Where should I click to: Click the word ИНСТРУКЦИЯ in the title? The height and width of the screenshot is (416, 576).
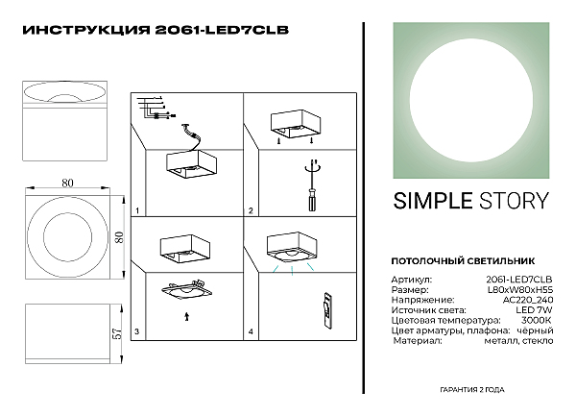click(x=86, y=30)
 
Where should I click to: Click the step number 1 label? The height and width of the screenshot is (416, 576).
click(x=137, y=211)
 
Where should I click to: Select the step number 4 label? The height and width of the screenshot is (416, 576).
click(x=251, y=331)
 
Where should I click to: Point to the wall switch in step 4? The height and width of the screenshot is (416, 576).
click(x=328, y=310)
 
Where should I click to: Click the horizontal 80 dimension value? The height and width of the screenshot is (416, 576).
click(x=67, y=183)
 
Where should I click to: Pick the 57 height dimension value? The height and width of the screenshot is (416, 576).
click(x=117, y=333)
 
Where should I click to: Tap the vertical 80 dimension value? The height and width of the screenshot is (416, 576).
click(x=119, y=237)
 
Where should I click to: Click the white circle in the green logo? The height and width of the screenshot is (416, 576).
click(x=471, y=101)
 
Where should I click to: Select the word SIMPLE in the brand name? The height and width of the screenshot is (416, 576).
click(x=433, y=201)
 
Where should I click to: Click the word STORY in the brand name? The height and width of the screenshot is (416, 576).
click(x=514, y=201)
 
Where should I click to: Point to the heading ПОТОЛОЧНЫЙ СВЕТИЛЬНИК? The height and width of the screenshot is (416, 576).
click(x=463, y=261)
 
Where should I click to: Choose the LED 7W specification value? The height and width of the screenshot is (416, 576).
click(x=534, y=310)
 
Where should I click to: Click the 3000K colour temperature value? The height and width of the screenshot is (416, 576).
click(x=537, y=320)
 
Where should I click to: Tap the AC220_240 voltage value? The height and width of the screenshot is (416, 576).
click(x=528, y=300)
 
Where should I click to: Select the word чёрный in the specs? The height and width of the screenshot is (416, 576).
click(x=535, y=330)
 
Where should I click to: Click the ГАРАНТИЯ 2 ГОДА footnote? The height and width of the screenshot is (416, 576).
click(x=472, y=389)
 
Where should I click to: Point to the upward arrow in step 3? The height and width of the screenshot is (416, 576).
click(x=186, y=316)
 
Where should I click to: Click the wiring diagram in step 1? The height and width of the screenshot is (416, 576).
click(x=156, y=108)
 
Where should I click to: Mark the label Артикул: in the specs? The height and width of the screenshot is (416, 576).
click(x=412, y=280)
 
